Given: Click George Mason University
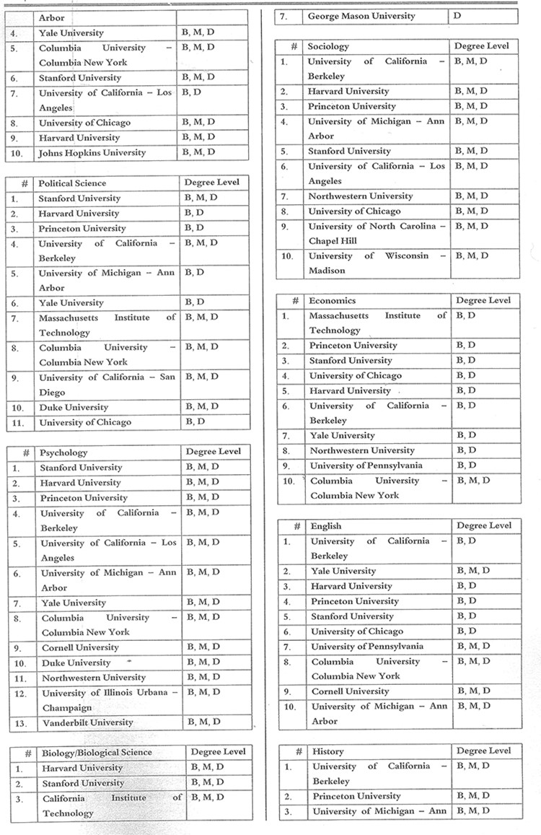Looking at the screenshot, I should pos(361,16).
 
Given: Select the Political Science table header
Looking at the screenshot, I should pos(72,183).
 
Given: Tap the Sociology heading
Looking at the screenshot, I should pos(328,46).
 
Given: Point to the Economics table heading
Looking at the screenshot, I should pos(333,300).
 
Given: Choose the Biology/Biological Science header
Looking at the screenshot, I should pos(97,752).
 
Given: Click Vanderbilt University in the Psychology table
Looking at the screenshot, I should pos(87,722).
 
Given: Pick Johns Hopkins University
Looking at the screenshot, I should pos(92,152).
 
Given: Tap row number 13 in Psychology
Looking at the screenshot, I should pos(21,722).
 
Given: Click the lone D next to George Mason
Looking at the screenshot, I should pos(456,16).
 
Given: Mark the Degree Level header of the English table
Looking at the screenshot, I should pos(483,525).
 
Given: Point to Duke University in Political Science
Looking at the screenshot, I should pos(74,407).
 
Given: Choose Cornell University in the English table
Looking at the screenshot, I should pos(350,691).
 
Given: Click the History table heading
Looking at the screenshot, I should pos(328,751).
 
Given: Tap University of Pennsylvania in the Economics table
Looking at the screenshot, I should pos(366,465).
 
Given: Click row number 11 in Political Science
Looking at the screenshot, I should pos(18,422).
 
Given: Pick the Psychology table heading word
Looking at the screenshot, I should pos(63,453).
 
